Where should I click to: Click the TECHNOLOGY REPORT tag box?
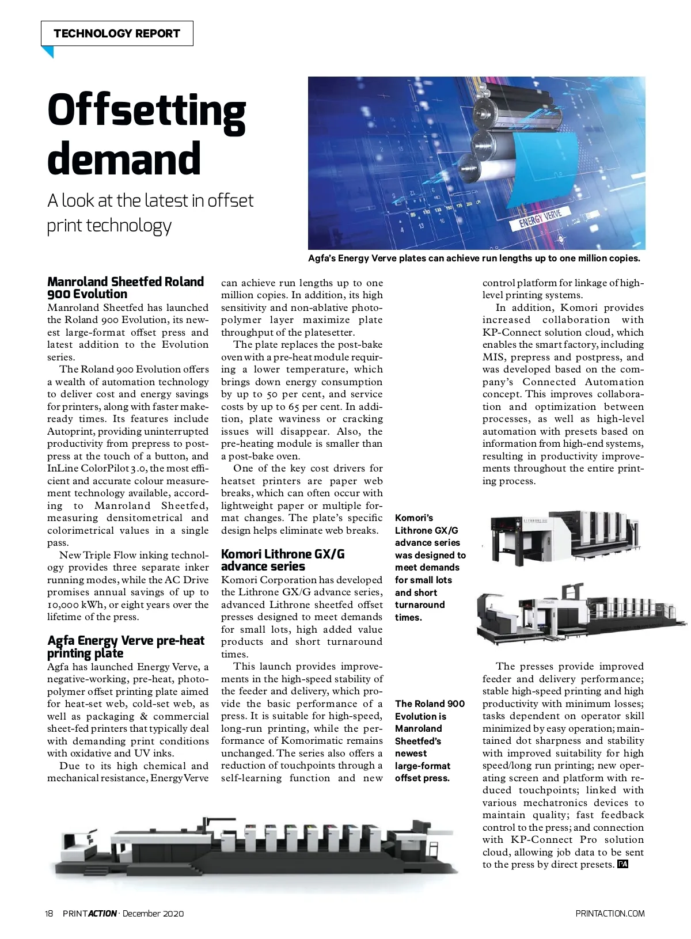pyautogui.click(x=117, y=33)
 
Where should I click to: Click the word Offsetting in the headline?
pyautogui.click(x=147, y=111)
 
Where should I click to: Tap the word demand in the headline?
pyautogui.click(x=124, y=159)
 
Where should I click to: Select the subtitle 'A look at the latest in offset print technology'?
pyautogui.click(x=150, y=212)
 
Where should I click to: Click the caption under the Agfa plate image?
pyautogui.click(x=474, y=258)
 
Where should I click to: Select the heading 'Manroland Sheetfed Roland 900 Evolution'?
pyautogui.click(x=126, y=288)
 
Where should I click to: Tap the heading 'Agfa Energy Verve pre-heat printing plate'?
pyautogui.click(x=126, y=647)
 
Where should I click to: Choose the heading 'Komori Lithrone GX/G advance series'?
pyautogui.click(x=283, y=560)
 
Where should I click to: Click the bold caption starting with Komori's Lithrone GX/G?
pyautogui.click(x=430, y=568)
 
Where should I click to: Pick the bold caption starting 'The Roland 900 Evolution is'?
pyautogui.click(x=430, y=741)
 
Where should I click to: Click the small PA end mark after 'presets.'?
pyautogui.click(x=622, y=864)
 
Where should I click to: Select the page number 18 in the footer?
pyautogui.click(x=49, y=914)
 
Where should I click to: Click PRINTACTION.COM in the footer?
pyautogui.click(x=610, y=914)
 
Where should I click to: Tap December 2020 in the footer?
pyautogui.click(x=153, y=914)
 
